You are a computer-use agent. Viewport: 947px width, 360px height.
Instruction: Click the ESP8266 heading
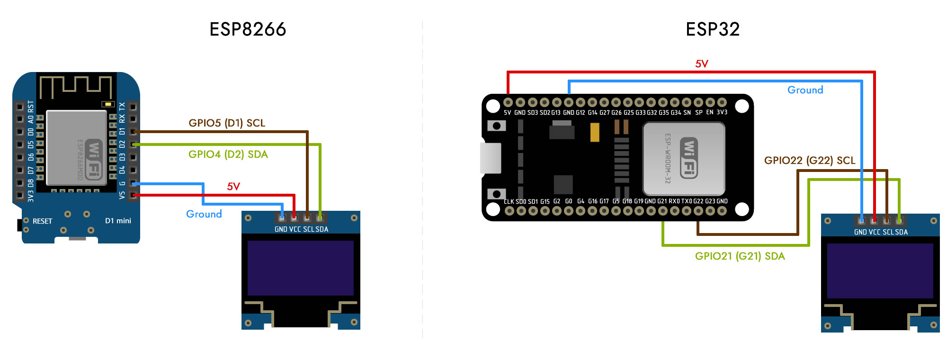pyautogui.click(x=248, y=29)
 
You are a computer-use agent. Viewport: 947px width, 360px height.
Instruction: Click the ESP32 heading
pyautogui.click(x=712, y=29)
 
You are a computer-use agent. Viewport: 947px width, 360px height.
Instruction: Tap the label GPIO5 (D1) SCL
pyautogui.click(x=227, y=123)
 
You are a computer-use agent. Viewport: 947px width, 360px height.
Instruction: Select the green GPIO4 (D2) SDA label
pyautogui.click(x=228, y=154)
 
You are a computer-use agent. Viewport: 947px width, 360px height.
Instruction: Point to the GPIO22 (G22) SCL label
pyautogui.click(x=810, y=161)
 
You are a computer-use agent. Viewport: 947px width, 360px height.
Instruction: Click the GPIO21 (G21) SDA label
pyautogui.click(x=740, y=256)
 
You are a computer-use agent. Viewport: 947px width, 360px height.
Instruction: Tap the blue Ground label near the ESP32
pyautogui.click(x=805, y=90)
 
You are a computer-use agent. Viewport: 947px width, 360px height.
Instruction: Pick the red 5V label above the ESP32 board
pyautogui.click(x=701, y=64)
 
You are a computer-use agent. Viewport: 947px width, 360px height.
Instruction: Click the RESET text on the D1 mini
pyautogui.click(x=42, y=221)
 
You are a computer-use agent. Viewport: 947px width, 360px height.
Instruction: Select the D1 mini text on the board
pyautogui.click(x=118, y=221)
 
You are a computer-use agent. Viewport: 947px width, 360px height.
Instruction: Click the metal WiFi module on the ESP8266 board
pyautogui.click(x=76, y=147)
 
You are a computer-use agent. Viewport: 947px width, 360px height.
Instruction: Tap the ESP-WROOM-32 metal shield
pyautogui.click(x=683, y=159)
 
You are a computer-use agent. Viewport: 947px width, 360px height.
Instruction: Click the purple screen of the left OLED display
pyautogui.click(x=300, y=268)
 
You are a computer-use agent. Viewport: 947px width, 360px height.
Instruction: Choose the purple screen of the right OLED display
pyautogui.click(x=880, y=270)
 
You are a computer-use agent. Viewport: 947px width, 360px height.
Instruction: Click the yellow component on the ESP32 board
pyautogui.click(x=595, y=132)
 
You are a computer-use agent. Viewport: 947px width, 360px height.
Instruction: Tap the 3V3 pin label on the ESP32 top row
pyautogui.click(x=722, y=113)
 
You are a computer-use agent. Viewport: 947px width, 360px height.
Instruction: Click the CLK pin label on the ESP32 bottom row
pyautogui.click(x=509, y=202)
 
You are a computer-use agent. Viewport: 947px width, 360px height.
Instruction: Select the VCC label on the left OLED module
pyautogui.click(x=295, y=229)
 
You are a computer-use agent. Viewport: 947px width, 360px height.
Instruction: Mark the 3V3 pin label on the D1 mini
pyautogui.click(x=31, y=196)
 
